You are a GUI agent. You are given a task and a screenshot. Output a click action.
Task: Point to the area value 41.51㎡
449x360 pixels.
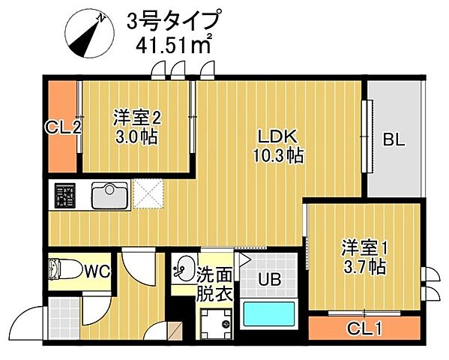[173, 45]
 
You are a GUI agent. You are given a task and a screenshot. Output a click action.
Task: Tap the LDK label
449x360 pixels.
[279, 136]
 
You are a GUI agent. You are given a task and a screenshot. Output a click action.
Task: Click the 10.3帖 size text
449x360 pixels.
[279, 156]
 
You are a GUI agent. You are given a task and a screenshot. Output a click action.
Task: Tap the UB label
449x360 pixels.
[270, 280]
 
